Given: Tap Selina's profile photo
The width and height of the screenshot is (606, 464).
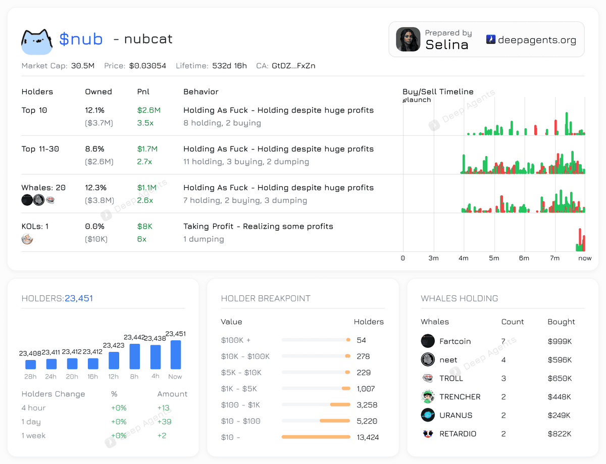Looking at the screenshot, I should (x=408, y=39).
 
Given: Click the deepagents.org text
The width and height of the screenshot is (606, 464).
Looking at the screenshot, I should (x=537, y=40).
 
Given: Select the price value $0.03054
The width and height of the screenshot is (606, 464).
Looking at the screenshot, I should (x=147, y=66).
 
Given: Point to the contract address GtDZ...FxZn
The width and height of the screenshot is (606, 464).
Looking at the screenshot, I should (x=293, y=66).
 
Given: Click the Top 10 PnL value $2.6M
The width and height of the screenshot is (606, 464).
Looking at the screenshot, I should (x=148, y=110).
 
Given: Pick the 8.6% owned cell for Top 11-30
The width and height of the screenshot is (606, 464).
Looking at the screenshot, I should (x=94, y=149).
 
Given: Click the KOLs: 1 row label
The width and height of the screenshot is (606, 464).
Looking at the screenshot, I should (x=35, y=226).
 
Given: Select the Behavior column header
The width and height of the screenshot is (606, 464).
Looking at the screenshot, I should (x=200, y=92).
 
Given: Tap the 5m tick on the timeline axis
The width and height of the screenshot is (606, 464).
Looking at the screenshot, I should (x=494, y=258).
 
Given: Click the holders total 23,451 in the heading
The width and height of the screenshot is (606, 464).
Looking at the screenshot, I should (x=79, y=298).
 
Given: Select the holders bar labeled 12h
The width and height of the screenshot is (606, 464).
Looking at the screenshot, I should (x=114, y=360).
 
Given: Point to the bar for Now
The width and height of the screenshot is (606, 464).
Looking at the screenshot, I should (x=175, y=354).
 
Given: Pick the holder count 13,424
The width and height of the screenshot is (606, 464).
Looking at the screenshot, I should (x=368, y=437).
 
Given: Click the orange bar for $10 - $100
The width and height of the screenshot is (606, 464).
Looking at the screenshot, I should (x=335, y=421).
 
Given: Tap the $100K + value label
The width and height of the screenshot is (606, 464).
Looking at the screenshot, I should (x=236, y=340).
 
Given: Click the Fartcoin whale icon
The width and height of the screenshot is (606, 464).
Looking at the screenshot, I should (x=428, y=341).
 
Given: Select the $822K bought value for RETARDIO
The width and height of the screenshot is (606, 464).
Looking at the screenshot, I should (x=560, y=434).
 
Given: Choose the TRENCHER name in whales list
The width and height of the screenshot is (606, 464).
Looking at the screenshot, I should (x=460, y=397).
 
